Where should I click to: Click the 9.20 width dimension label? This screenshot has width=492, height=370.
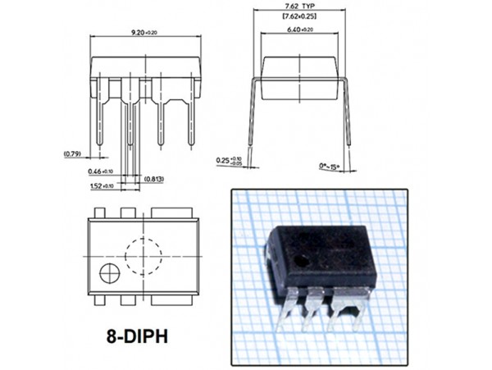(144, 32)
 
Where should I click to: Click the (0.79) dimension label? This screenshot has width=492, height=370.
(72, 153)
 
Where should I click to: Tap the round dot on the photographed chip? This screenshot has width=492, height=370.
(304, 262)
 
